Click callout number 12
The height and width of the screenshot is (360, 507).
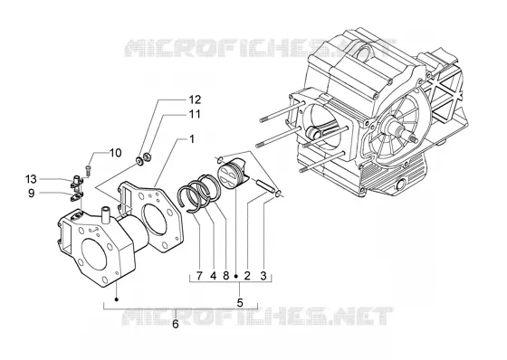(195, 99)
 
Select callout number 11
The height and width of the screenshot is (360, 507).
(195, 114)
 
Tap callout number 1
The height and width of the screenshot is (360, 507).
(192, 139)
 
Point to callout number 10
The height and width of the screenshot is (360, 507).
(116, 153)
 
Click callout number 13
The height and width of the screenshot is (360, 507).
(32, 179)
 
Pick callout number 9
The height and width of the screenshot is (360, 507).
(31, 194)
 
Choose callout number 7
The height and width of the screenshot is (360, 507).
(199, 276)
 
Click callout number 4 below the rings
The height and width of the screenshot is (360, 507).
(213, 276)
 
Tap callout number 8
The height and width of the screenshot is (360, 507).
(226, 276)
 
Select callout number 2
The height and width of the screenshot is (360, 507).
(247, 276)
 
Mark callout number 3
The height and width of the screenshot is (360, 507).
(263, 276)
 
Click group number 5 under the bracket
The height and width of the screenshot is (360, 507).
(240, 303)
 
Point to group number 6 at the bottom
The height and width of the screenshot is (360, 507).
(176, 324)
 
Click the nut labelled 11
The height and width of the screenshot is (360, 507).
(147, 157)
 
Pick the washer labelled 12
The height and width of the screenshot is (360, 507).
(139, 160)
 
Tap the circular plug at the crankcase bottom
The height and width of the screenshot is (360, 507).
(401, 185)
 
